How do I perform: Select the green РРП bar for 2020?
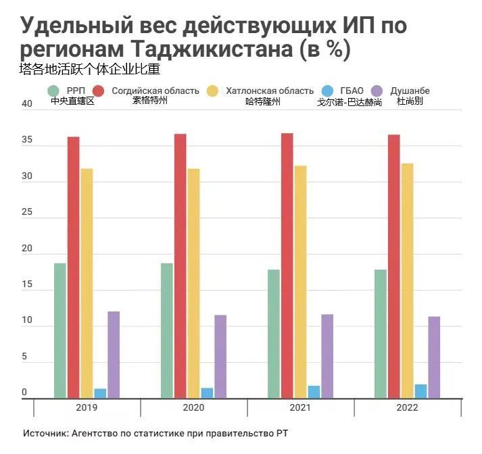coord(167,330)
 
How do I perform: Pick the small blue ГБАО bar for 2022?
coord(420,391)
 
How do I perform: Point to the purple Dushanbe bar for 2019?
coord(114,355)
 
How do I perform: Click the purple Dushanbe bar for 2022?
coord(434,357)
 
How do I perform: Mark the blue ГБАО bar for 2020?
coord(207,393)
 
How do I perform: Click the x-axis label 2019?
coord(87,408)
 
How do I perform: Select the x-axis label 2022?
coord(407,408)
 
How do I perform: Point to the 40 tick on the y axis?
coord(27,104)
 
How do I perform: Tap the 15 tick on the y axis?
coord(27,285)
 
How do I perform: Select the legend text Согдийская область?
coord(155,91)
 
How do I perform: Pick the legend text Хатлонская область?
coord(270,91)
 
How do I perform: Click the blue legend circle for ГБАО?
coord(327,91)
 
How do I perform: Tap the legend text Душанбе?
coord(410,91)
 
